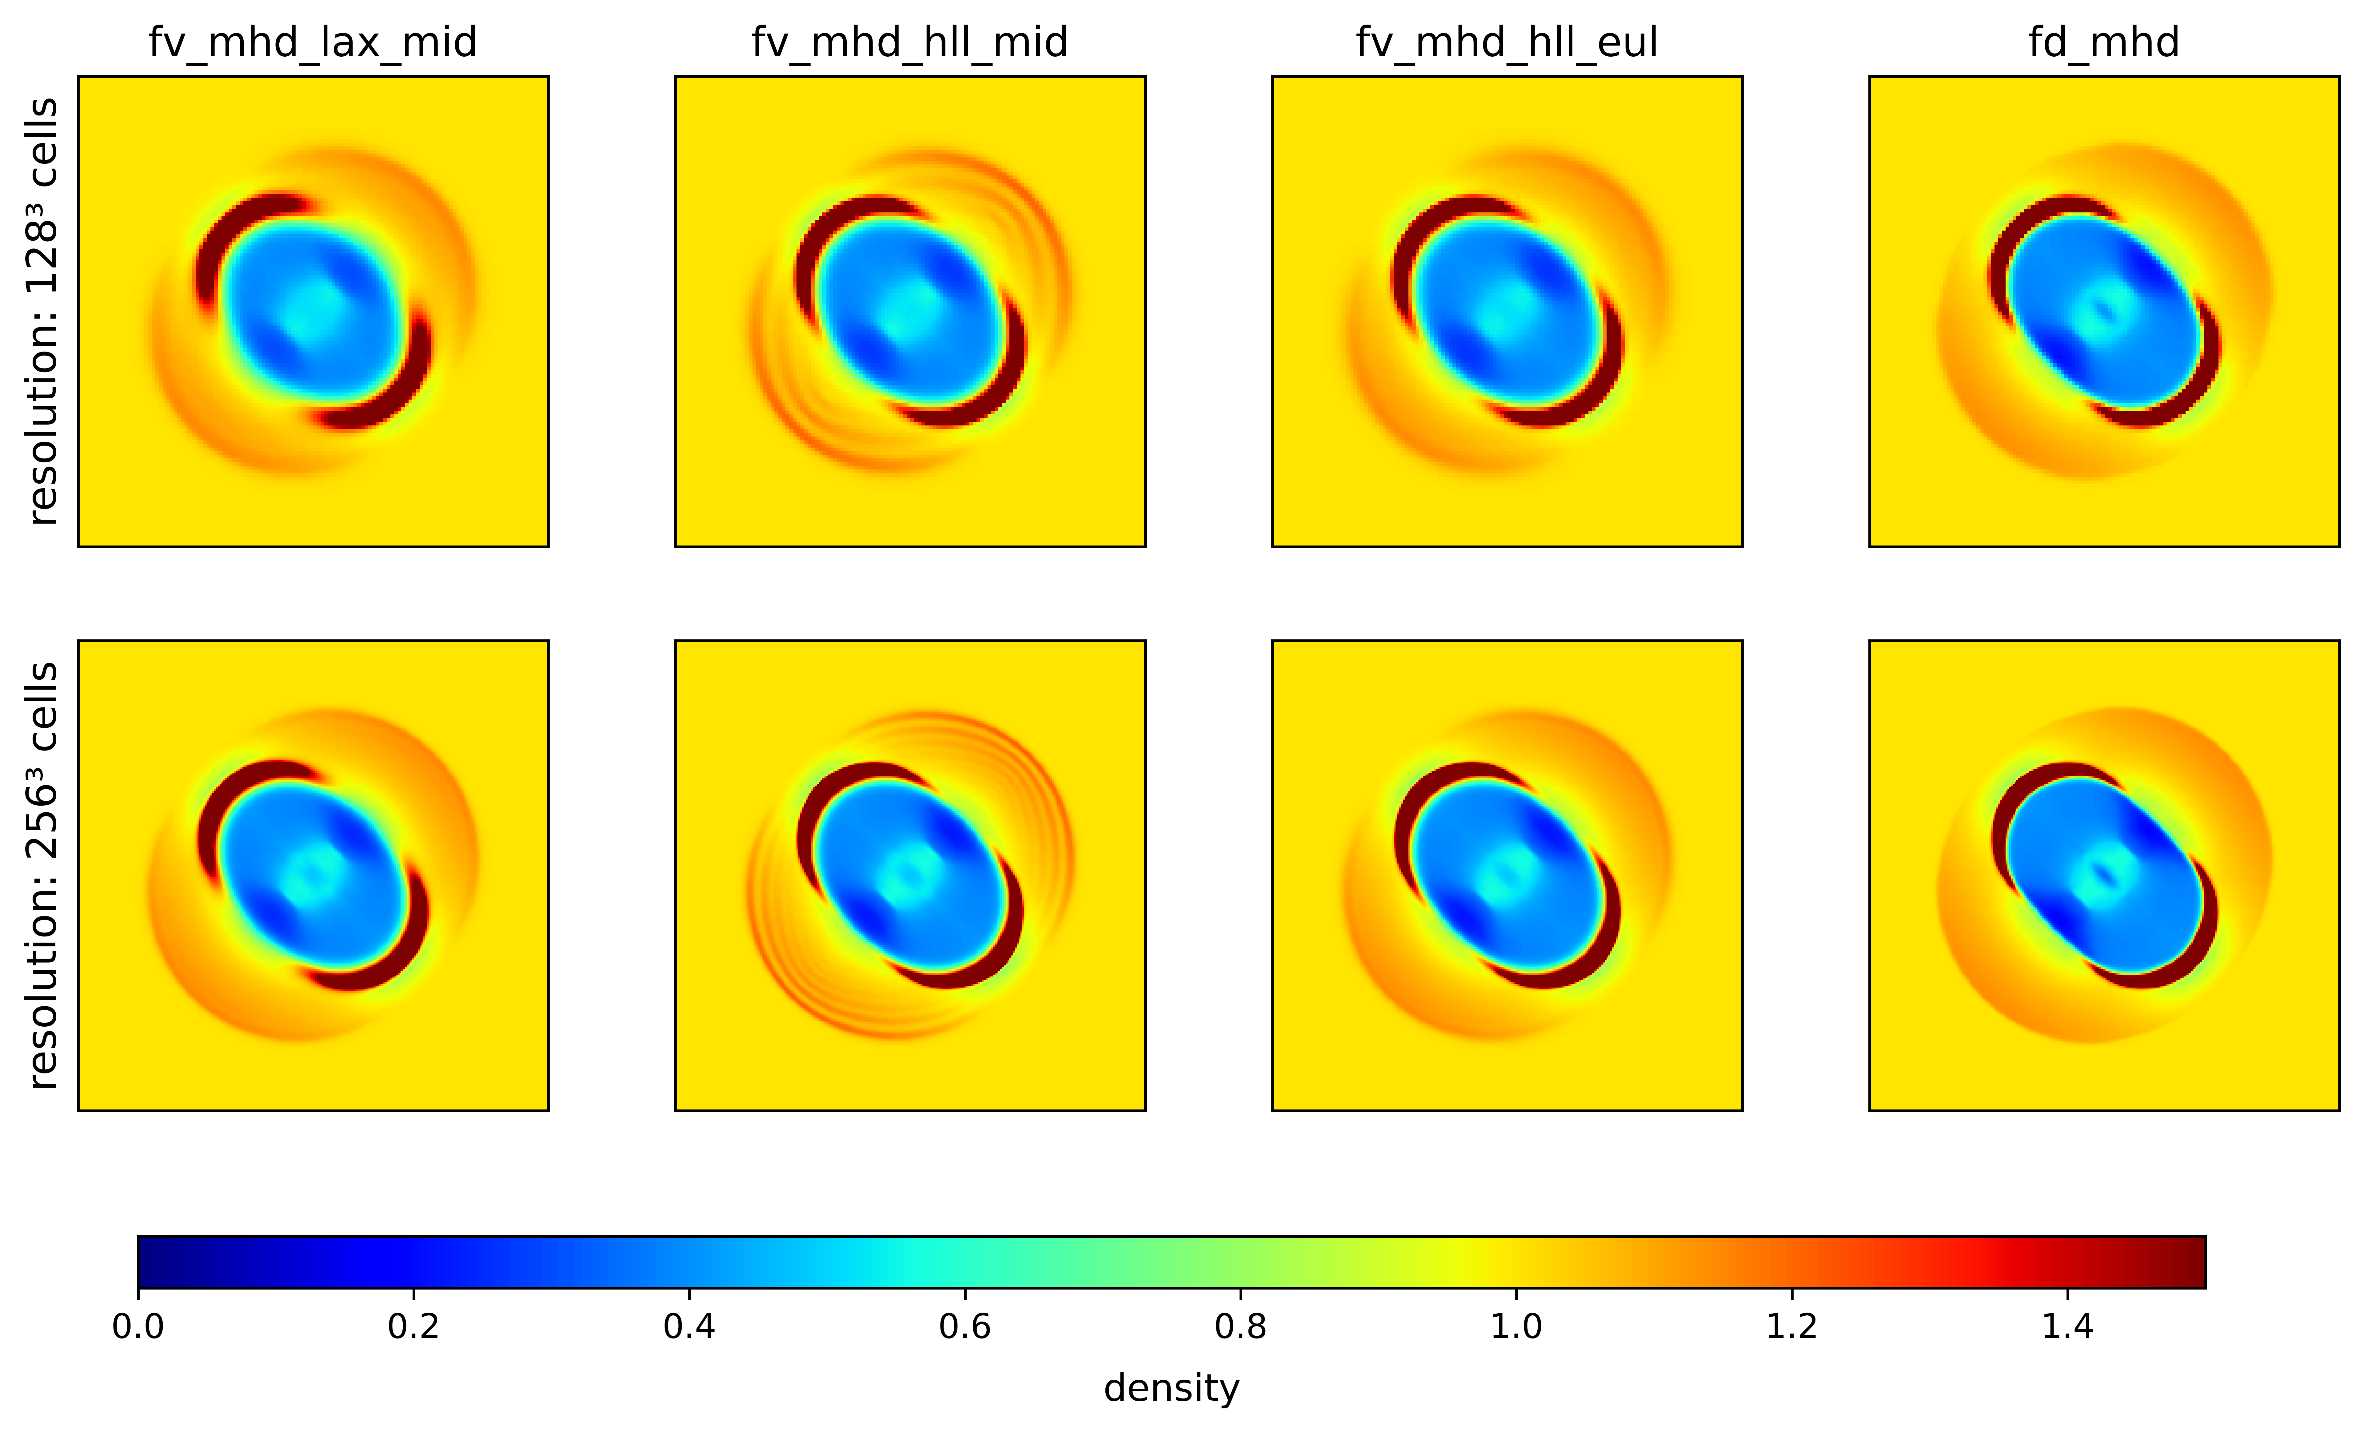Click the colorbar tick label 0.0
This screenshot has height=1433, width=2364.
[x=138, y=1326]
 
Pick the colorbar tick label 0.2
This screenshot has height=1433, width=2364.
[x=413, y=1326]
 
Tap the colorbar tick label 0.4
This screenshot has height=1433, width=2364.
[x=689, y=1326]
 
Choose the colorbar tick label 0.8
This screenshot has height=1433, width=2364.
[x=1240, y=1326]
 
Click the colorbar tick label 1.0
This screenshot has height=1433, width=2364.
[x=1516, y=1326]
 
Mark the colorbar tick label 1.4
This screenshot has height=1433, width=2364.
[x=2067, y=1326]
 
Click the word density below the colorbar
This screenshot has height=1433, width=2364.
[x=1172, y=1388]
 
